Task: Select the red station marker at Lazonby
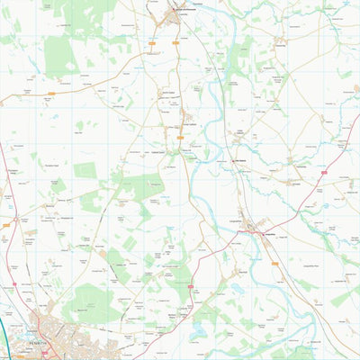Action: click(x=176, y=11)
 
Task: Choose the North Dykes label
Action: click(x=166, y=92)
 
